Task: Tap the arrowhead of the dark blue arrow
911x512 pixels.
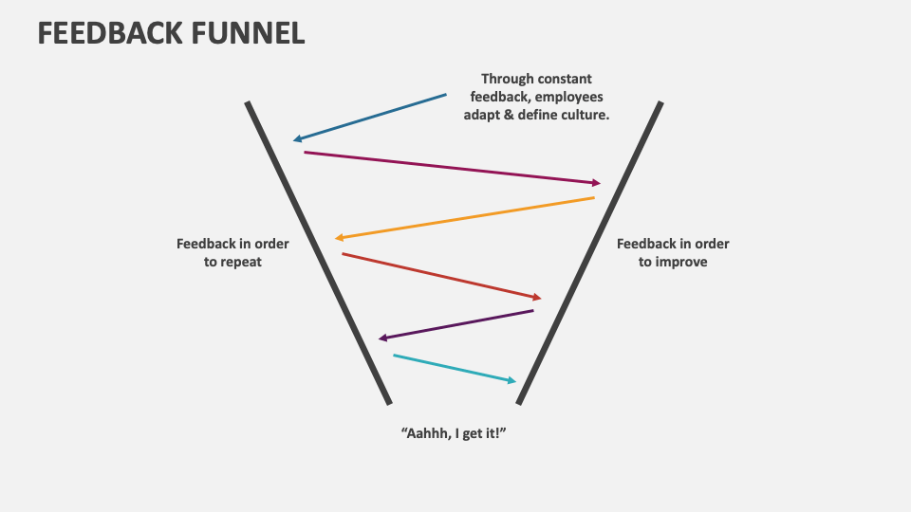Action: pyautogui.click(x=297, y=139)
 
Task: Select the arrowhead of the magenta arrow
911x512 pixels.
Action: pyautogui.click(x=596, y=183)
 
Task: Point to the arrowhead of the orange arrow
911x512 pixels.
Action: pyautogui.click(x=340, y=238)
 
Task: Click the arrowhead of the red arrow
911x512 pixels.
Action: pyautogui.click(x=536, y=298)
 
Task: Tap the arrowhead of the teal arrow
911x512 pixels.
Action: pyautogui.click(x=511, y=380)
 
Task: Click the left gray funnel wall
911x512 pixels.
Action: pyautogui.click(x=318, y=252)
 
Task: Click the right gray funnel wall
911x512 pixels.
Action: pyautogui.click(x=589, y=252)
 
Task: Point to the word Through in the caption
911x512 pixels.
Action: pyautogui.click(x=510, y=79)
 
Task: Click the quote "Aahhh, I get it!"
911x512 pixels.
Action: pyautogui.click(x=455, y=432)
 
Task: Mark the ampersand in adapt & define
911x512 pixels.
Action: pyautogui.click(x=505, y=115)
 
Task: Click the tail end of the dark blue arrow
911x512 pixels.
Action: pyautogui.click(x=445, y=95)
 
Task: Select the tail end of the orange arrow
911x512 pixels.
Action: pyautogui.click(x=593, y=198)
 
